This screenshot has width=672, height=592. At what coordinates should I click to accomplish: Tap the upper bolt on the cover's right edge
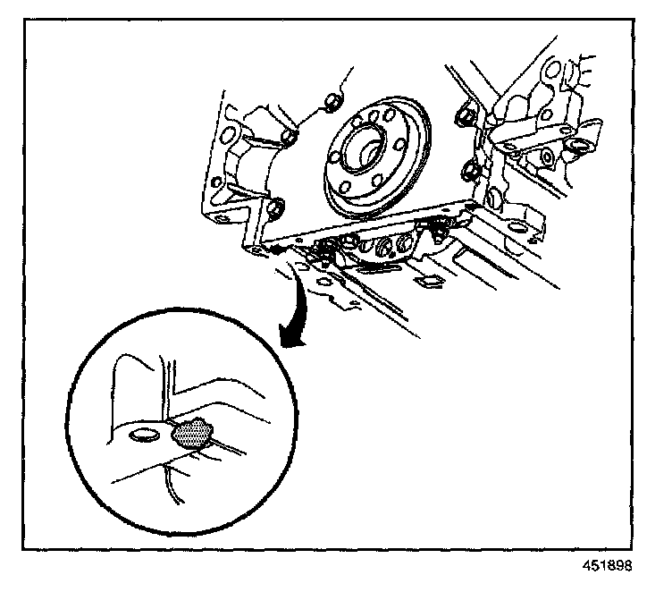click(x=464, y=114)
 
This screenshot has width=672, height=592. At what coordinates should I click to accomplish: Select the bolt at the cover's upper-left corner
click(x=290, y=136)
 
